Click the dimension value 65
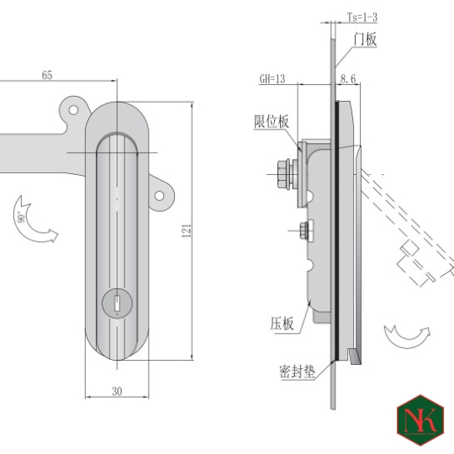(47, 76)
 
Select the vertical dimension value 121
(187, 231)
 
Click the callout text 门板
(366, 39)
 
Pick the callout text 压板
(282, 323)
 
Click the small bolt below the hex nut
(303, 228)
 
